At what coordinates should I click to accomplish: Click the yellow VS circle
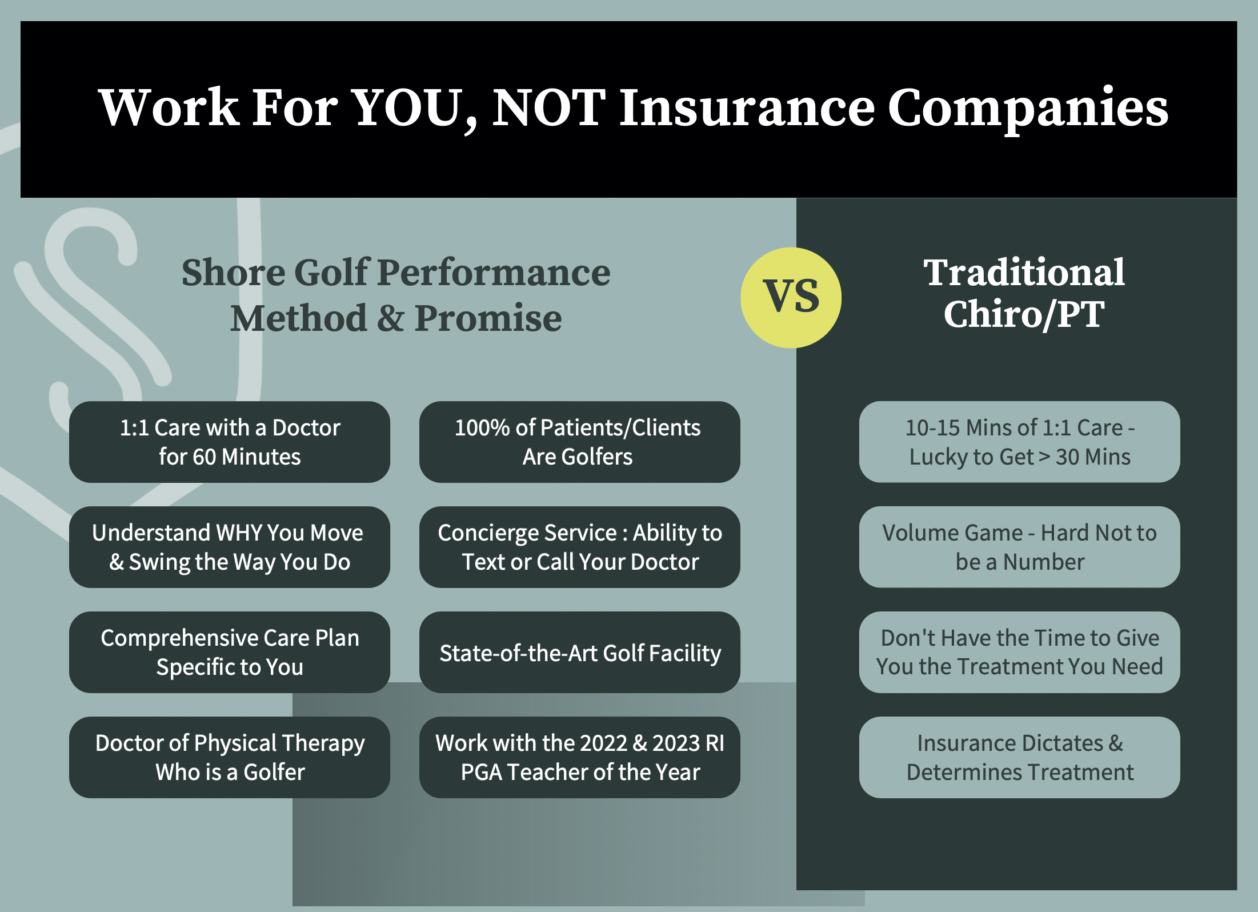coord(791,297)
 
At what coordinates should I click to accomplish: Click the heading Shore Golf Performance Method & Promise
coord(396,295)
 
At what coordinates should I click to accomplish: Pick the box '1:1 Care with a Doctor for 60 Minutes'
coord(230,442)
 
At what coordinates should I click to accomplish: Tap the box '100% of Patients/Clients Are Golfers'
coord(579,442)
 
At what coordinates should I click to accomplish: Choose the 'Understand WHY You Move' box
coord(230,547)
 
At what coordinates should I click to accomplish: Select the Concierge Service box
coord(579,547)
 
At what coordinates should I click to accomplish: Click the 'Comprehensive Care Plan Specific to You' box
coord(230,652)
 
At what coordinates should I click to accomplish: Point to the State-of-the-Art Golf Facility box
coord(579,652)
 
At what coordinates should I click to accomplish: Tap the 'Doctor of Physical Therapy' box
coord(230,757)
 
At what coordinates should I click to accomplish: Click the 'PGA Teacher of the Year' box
coord(579,757)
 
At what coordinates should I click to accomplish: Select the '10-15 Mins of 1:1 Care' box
coord(1019,442)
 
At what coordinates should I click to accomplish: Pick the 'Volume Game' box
coord(1019,547)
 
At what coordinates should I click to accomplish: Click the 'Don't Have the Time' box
coord(1019,652)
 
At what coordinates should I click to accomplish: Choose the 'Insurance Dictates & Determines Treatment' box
coord(1019,757)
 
